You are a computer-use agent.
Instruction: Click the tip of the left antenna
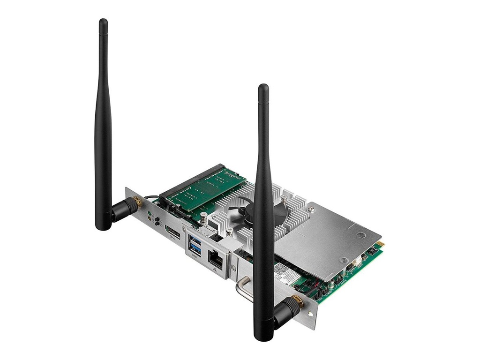pos(103,22)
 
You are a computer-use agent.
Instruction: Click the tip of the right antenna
pos(263,87)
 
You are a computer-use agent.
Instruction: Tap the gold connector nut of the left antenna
pos(136,202)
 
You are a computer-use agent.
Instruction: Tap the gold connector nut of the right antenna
pos(297,301)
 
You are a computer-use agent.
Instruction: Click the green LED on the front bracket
pos(149,214)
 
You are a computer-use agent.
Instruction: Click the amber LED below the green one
pos(149,219)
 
